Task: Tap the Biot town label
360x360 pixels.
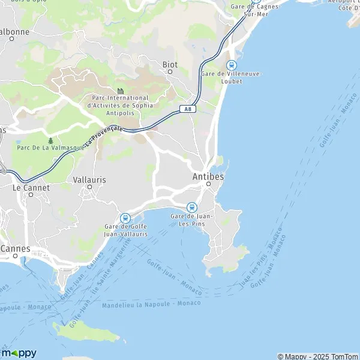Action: (170, 64)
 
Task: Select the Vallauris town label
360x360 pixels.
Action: (89, 179)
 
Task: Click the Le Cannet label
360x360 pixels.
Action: (31, 187)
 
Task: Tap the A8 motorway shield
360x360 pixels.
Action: (188, 109)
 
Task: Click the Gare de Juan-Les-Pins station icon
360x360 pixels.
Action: (192, 206)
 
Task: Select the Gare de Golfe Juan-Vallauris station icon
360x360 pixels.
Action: (125, 218)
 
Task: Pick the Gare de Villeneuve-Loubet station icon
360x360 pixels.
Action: (231, 65)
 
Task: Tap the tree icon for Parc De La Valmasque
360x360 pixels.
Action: (50, 140)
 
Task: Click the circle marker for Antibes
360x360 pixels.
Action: (208, 184)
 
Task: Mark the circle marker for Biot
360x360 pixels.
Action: (170, 71)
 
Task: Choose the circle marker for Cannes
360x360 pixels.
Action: (15, 256)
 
